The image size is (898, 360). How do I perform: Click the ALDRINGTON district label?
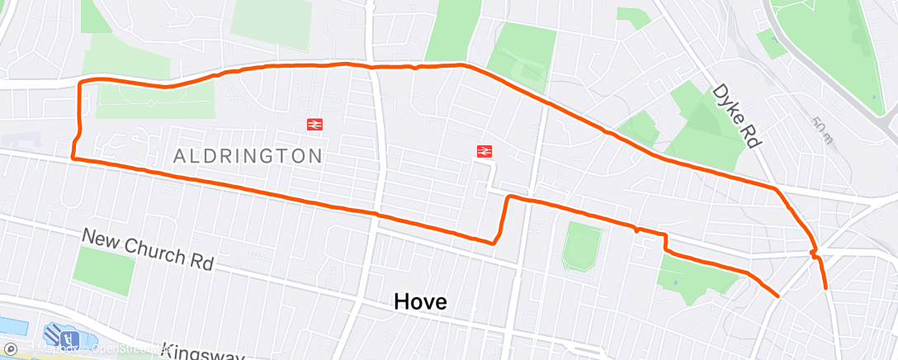pyautogui.click(x=248, y=155)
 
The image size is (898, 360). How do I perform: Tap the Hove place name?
pyautogui.click(x=421, y=302)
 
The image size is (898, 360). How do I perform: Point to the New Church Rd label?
pyautogui.click(x=148, y=249)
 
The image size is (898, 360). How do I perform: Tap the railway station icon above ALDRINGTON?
pyautogui.click(x=314, y=125)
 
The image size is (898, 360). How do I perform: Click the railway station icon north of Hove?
pyautogui.click(x=484, y=151)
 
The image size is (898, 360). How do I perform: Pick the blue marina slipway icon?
pyautogui.click(x=62, y=336)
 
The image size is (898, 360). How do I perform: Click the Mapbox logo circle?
pyautogui.click(x=10, y=348)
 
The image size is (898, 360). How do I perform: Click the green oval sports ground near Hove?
pyautogui.click(x=582, y=247)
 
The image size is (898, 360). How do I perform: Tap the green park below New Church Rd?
pyautogui.click(x=104, y=272)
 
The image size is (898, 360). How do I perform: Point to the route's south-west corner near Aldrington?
pyautogui.click(x=73, y=156)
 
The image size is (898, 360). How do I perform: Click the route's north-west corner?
pyautogui.click(x=80, y=83)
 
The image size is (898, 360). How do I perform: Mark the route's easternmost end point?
pyautogui.click(x=827, y=289)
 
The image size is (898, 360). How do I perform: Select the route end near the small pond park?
pyautogui.click(x=777, y=295)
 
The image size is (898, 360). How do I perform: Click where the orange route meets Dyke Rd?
pyautogui.click(x=776, y=189)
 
